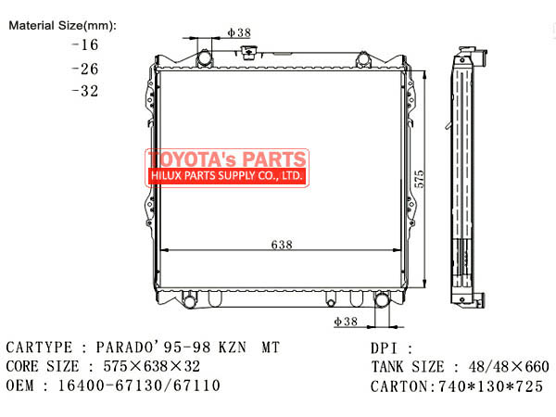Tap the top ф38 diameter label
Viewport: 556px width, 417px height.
tap(239, 32)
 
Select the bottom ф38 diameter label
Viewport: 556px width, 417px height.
tap(346, 321)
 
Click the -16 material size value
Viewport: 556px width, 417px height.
tap(83, 44)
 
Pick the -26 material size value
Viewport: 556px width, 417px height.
tap(83, 68)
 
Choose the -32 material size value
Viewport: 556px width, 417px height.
tap(83, 91)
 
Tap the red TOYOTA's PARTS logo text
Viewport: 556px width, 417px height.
tap(226, 158)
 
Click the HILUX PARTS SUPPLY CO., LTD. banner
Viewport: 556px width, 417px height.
tap(226, 174)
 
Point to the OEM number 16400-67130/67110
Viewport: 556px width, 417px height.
tap(139, 385)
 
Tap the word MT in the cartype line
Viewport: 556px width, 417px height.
tap(267, 347)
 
